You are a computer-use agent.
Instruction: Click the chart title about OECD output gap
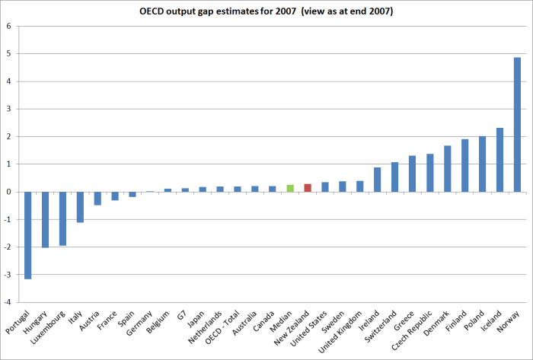point(266,10)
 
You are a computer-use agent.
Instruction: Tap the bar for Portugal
point(28,235)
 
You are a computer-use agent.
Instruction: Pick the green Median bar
point(290,188)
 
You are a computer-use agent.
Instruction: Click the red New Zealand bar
point(308,188)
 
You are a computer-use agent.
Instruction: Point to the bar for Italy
point(81,207)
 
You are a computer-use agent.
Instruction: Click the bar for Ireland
point(378,180)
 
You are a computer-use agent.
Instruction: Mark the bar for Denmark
point(447,169)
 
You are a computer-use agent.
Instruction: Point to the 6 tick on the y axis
point(9,27)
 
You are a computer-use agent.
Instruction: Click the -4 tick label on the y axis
point(8,302)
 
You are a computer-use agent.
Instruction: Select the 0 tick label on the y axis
point(9,192)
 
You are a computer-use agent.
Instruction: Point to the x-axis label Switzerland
point(383,327)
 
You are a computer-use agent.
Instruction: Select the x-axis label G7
point(184,315)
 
